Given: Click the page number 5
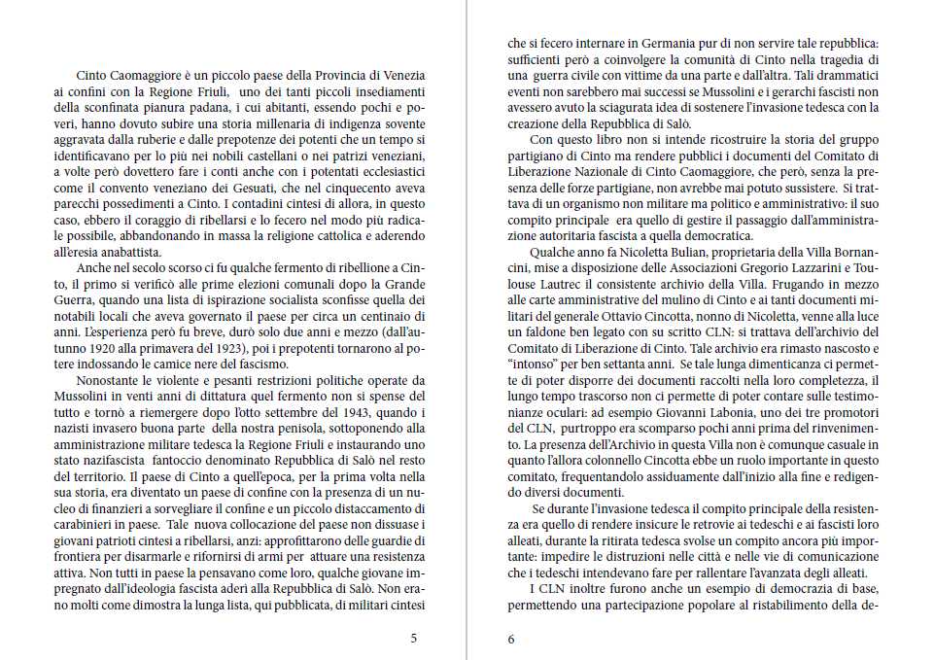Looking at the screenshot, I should (414, 639).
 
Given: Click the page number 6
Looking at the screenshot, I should (511, 639).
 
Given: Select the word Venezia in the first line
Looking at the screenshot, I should (402, 75).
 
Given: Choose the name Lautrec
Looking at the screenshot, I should (550, 283).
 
